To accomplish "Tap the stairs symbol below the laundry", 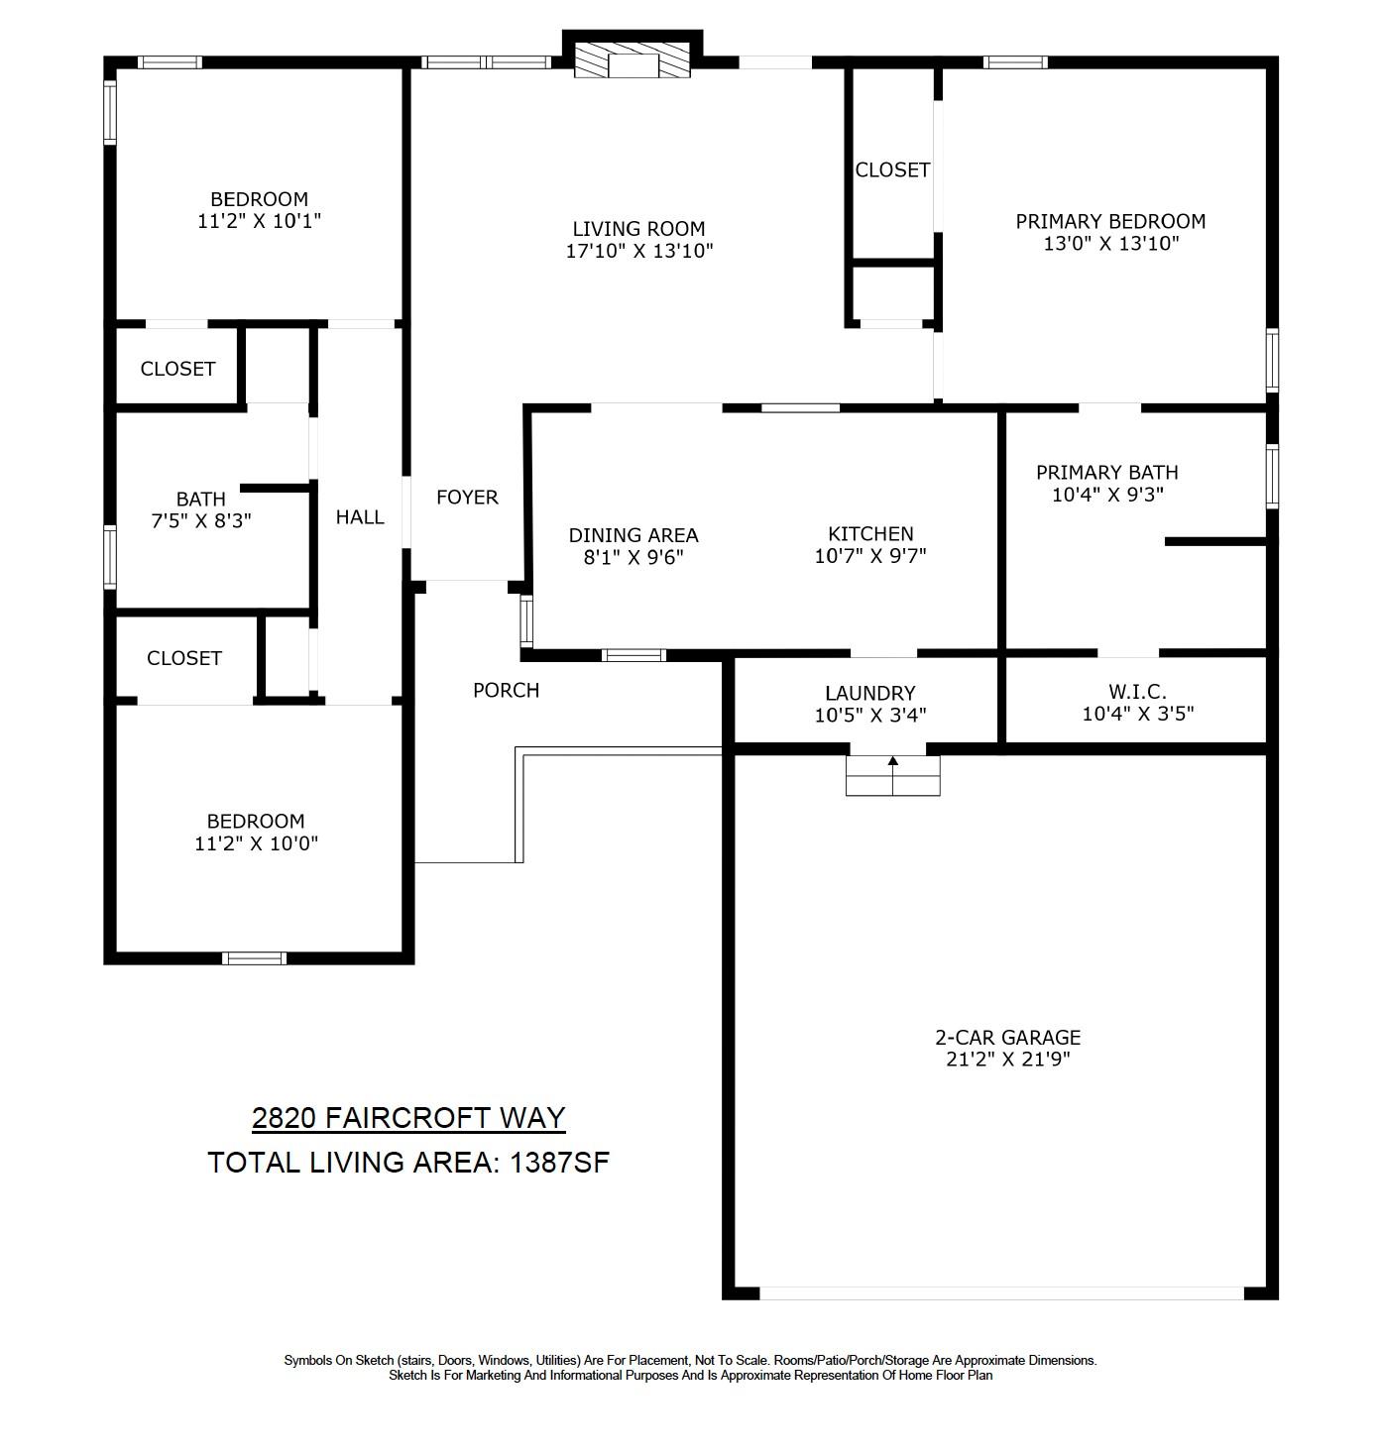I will click(892, 775).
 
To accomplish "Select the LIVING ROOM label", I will click(638, 229).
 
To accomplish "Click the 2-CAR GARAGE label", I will click(1007, 1038).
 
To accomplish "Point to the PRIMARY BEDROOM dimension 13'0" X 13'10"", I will click(1110, 244).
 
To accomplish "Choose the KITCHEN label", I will click(870, 534).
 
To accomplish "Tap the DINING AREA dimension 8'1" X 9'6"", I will click(633, 557).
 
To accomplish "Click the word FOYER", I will click(467, 498).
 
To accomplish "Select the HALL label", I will click(360, 517).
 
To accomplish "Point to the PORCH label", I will click(506, 691).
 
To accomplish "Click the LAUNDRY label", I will click(869, 694).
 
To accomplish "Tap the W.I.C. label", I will click(1137, 691).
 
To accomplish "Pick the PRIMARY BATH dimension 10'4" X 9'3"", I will click(1107, 495).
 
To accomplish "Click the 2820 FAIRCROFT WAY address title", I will click(408, 1118).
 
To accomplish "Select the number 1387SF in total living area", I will click(559, 1163).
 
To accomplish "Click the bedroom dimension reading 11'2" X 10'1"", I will click(259, 221).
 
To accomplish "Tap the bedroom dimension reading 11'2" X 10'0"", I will click(256, 843).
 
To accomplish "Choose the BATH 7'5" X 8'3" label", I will click(201, 509).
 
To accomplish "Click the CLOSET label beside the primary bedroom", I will click(892, 170).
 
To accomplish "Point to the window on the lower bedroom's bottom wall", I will click(254, 957).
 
